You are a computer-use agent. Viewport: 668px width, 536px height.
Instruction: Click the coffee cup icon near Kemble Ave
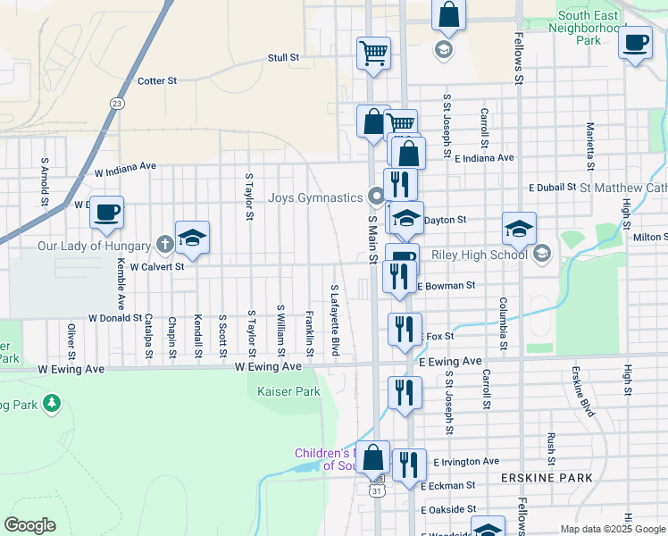pos(106,213)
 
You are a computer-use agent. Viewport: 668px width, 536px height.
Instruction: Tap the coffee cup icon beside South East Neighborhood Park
pos(635,43)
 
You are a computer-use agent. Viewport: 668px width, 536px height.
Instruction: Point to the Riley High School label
pos(479,255)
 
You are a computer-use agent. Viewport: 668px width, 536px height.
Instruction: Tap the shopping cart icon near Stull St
pos(373,52)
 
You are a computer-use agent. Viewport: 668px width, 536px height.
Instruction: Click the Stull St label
pos(283,57)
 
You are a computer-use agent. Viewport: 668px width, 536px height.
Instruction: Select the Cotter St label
pos(157,80)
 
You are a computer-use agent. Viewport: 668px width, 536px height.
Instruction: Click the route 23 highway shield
pos(117,104)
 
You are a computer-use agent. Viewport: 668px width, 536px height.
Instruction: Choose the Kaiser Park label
pos(288,391)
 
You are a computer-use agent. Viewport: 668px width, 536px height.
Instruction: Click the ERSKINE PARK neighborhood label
pos(535,479)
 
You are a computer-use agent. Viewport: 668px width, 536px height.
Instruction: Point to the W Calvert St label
pos(156,266)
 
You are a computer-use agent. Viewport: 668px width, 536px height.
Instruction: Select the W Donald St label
pos(115,317)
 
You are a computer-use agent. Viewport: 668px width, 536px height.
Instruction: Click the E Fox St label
pos(438,336)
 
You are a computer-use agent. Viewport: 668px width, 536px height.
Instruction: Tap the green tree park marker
pos(52,405)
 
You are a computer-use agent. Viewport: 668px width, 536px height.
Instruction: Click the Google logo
pos(29,525)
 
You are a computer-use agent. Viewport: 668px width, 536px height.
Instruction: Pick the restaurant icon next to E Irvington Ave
pos(409,465)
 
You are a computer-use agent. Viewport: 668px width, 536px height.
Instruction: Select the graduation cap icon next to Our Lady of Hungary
pos(192,238)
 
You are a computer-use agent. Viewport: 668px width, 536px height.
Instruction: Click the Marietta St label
pos(589,146)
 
